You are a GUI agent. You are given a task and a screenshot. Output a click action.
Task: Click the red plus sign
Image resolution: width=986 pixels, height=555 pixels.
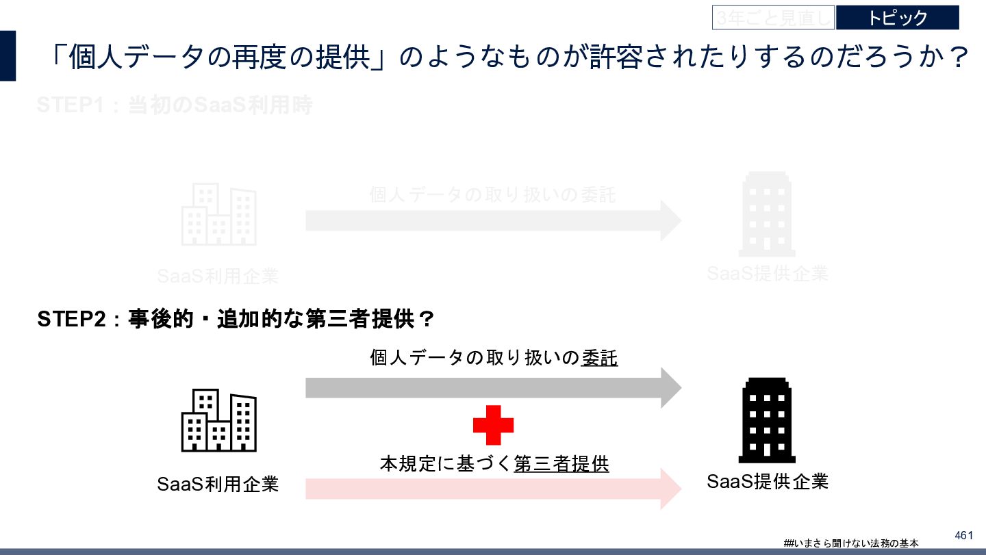[x=493, y=424]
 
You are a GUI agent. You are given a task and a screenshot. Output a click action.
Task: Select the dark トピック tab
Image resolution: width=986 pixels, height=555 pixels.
[x=897, y=18]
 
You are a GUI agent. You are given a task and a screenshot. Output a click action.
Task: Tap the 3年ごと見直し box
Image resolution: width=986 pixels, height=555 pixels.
[x=773, y=18]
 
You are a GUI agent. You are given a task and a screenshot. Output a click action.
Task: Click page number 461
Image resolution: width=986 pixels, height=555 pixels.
[x=963, y=534]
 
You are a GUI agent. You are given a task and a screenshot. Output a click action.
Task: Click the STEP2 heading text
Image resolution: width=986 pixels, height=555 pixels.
[x=236, y=320]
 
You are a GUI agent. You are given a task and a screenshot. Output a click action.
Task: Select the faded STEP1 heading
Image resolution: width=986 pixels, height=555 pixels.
[x=175, y=106]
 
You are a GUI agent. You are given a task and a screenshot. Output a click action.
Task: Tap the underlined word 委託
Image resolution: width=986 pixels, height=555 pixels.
[x=599, y=358]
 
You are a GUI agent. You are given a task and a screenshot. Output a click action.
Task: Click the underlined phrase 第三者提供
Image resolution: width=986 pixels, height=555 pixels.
[x=561, y=464]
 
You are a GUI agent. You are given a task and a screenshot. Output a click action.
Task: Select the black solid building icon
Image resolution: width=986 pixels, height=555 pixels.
[x=767, y=420]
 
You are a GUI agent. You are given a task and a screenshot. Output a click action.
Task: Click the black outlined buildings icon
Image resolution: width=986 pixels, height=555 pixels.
[x=218, y=420]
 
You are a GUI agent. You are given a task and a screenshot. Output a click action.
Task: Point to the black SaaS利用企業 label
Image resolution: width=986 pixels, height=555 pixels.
[x=218, y=485]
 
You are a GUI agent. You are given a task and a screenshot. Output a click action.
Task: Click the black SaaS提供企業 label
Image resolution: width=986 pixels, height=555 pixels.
[x=768, y=482]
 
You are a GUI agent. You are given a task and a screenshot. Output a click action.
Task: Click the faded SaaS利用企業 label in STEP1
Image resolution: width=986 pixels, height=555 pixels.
[x=218, y=276]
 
